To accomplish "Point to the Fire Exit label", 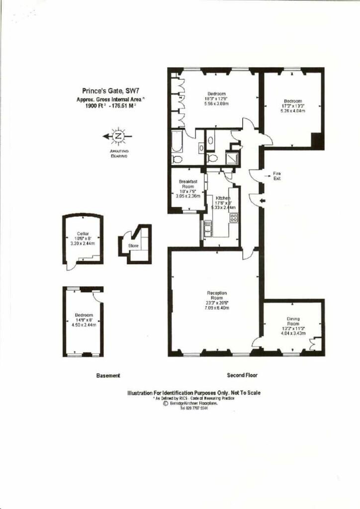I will pyautogui.click(x=277, y=175).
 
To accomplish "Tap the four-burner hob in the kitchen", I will pyautogui.click(x=233, y=218).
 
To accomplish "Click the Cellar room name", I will pyautogui.click(x=83, y=234).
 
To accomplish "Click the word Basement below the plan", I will pyautogui.click(x=108, y=376).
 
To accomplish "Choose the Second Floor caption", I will pyautogui.click(x=242, y=375).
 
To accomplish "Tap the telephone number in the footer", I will pyautogui.click(x=194, y=408).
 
